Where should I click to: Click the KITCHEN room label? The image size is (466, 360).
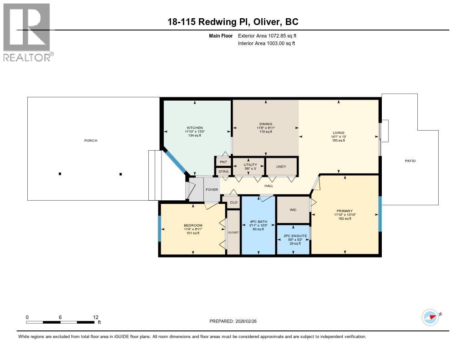point(194,128)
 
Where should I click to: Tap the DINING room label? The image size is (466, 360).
point(266,124)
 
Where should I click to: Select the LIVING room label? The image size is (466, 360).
point(339,132)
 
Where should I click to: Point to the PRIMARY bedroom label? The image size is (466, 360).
point(344,211)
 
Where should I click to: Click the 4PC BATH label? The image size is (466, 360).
point(258,222)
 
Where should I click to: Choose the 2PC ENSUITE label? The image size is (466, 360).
point(294,236)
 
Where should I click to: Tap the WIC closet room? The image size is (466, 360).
point(294,210)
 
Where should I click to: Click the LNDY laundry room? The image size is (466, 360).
point(281,167)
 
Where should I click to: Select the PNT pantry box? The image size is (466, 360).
point(223,162)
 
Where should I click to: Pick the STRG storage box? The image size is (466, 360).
point(223,172)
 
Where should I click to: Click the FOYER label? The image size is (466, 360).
point(212,189)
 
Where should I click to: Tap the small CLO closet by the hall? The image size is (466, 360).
point(233,203)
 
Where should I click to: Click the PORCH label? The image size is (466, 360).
point(91,141)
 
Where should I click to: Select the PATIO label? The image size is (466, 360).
point(411,161)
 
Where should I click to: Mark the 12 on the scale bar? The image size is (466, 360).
point(96,317)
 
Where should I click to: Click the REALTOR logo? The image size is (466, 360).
point(28,32)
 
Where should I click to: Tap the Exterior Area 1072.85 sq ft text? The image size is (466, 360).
point(267,35)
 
